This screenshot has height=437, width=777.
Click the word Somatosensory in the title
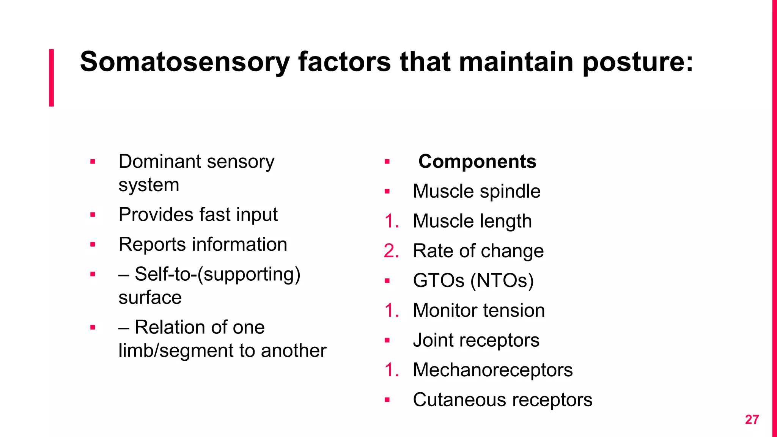click(185, 62)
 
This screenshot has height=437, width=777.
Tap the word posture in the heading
click(637, 62)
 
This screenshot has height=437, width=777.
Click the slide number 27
click(752, 420)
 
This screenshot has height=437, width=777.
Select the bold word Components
click(477, 162)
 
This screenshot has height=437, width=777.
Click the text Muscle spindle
click(477, 191)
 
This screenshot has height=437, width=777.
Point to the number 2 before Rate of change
click(391, 251)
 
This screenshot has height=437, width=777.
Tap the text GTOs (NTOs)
click(473, 281)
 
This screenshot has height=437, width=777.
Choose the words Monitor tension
click(479, 310)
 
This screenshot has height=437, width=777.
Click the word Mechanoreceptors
click(493, 370)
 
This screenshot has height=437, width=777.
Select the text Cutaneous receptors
click(502, 400)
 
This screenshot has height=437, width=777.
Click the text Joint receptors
click(476, 340)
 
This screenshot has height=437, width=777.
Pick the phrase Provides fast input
click(198, 215)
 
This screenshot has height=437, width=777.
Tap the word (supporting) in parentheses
click(252, 274)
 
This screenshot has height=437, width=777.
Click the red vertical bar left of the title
click(51, 77)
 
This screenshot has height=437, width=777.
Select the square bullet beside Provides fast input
click(93, 215)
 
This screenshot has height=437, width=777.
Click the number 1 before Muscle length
click(391, 221)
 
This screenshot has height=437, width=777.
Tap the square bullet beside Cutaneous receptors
click(387, 400)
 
